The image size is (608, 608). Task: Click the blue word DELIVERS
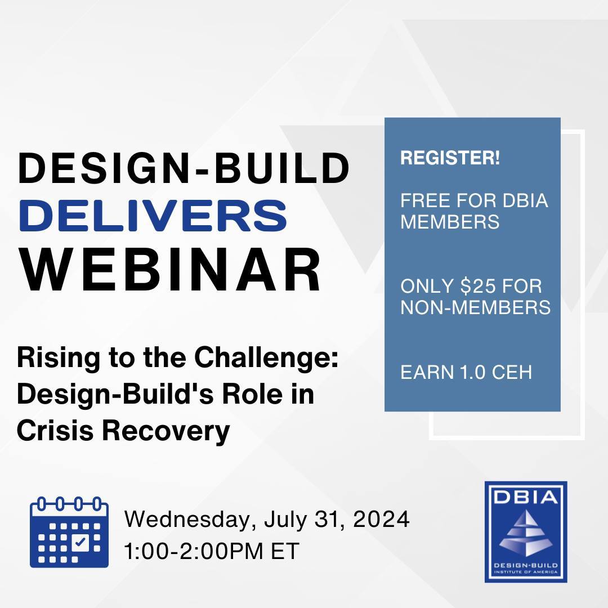(x=154, y=217)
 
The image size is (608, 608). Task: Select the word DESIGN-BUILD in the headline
(x=184, y=168)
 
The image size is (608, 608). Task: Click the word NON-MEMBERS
(x=475, y=307)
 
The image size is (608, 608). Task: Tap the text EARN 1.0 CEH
(x=466, y=373)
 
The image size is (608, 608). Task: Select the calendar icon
(x=69, y=531)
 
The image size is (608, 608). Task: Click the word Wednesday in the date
(x=184, y=519)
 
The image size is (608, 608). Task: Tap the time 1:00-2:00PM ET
(x=212, y=551)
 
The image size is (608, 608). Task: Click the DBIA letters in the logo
(x=525, y=498)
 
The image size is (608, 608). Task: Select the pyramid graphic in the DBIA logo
(x=525, y=534)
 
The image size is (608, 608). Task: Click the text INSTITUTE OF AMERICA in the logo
(x=525, y=571)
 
